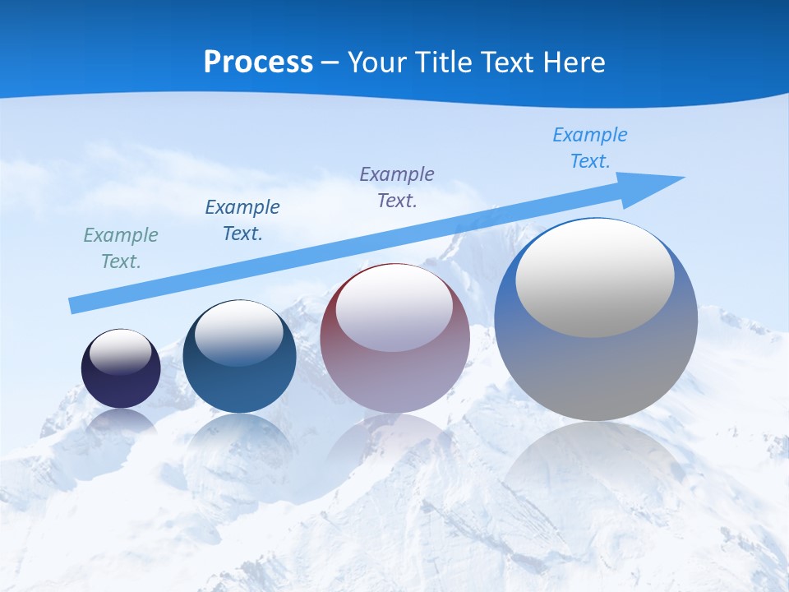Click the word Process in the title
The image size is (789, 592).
[x=258, y=62]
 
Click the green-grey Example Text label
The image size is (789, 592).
[x=121, y=247]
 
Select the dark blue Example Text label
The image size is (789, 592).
[x=242, y=220]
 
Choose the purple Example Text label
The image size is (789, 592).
[x=397, y=187]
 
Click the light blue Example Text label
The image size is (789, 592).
[x=589, y=147]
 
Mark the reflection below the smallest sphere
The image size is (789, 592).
[x=121, y=423]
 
